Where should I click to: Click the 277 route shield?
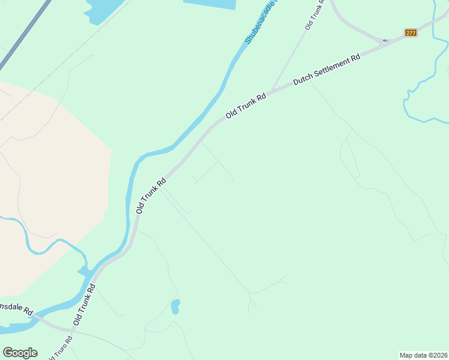coord(411,32)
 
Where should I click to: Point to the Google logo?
coord(20,353)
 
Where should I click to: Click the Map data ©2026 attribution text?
coord(423,355)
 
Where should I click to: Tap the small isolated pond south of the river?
coord(175,307)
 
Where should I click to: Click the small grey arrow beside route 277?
coord(385,41)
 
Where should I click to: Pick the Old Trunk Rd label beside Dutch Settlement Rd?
coord(246,105)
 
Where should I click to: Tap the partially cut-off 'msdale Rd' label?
coord(16,308)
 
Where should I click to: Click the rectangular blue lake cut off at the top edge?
coord(209,4)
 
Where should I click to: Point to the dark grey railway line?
coord(24,36)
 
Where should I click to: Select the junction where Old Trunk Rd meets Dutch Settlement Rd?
coord(271,92)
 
